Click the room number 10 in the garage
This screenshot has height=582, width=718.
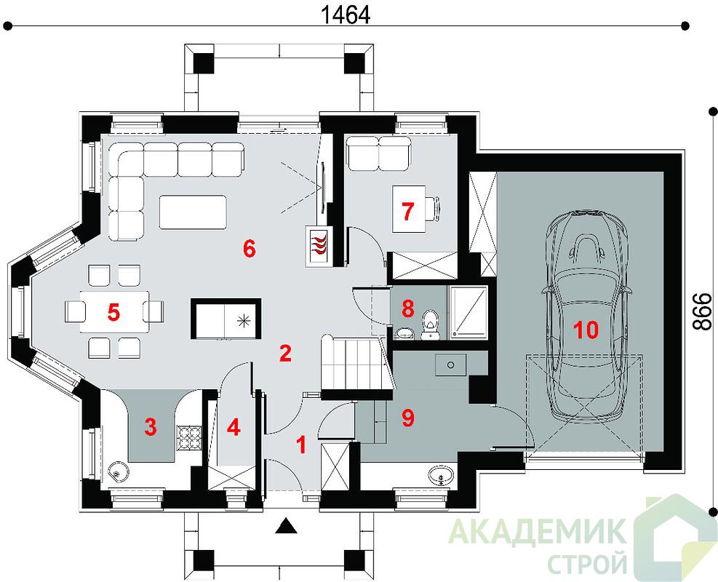coord(586,330)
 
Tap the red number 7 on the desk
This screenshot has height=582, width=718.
coord(407,211)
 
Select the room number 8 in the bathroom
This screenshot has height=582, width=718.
coord(407,308)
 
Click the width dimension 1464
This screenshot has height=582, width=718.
coord(345,15)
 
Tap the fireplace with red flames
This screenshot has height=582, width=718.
coord(319,245)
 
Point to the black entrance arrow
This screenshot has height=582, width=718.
coord(287,526)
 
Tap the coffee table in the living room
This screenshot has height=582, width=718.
coord(193,212)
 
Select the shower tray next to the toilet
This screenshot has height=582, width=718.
coord(468,313)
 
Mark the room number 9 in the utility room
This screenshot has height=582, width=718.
coord(407,418)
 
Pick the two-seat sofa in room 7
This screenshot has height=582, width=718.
coord(378,153)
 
